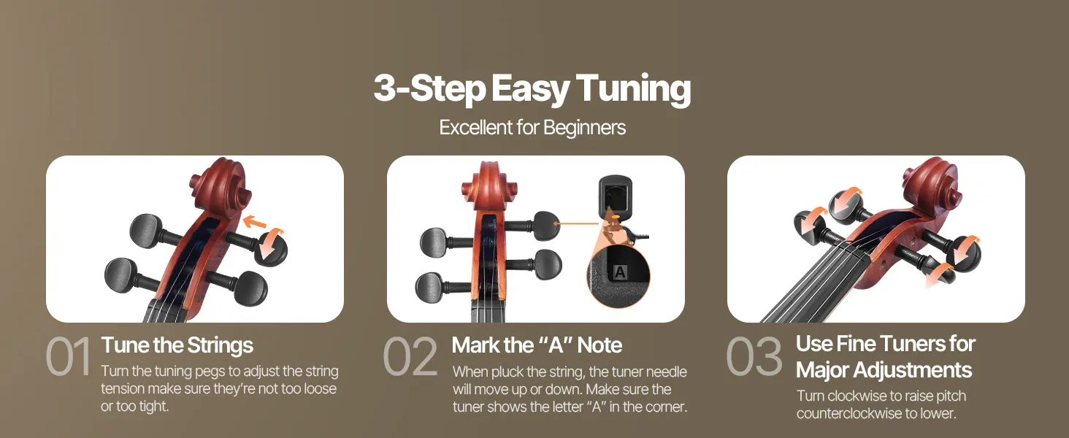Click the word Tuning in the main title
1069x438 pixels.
click(633, 90)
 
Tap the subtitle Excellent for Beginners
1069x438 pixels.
click(532, 128)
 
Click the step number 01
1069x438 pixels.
click(68, 356)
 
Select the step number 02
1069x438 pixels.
click(410, 356)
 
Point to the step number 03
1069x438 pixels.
click(754, 356)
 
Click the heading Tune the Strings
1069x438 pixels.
click(177, 345)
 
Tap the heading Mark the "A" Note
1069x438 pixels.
click(537, 345)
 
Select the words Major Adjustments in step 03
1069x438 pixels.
click(884, 370)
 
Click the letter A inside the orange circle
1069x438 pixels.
click(619, 272)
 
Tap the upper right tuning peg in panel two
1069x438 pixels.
click(545, 225)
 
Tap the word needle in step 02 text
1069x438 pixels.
click(667, 372)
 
